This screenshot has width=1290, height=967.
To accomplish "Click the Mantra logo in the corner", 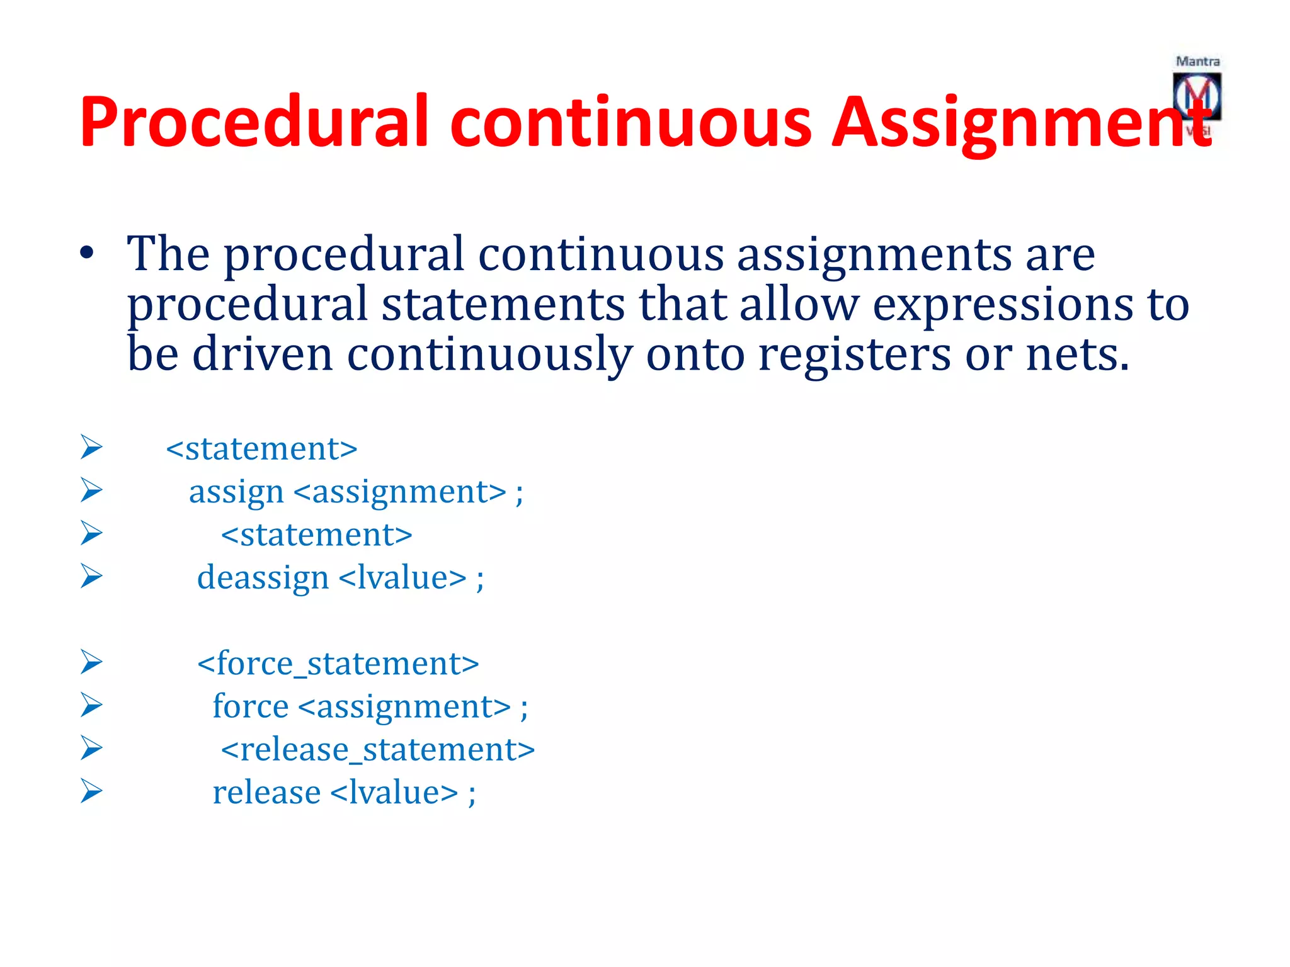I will (x=1197, y=96).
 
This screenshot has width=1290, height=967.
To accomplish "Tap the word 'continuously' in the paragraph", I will (x=489, y=354).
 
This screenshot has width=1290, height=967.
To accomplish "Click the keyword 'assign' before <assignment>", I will (x=236, y=492).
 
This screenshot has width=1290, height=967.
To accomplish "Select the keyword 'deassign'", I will (x=263, y=577).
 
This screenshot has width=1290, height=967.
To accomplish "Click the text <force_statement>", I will (x=338, y=664).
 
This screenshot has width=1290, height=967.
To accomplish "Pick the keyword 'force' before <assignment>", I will (x=250, y=706).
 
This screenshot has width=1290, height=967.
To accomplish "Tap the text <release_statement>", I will (x=377, y=749).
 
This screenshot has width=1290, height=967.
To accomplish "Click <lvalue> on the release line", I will (x=394, y=792).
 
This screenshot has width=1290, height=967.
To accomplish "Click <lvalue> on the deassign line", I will (x=402, y=577).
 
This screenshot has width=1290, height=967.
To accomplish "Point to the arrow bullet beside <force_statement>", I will (x=91, y=662).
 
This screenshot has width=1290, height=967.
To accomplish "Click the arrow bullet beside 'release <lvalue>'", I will (x=91, y=791).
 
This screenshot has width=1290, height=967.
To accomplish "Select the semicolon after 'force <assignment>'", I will (x=524, y=708).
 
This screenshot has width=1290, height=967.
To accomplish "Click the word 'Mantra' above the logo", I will (x=1197, y=62).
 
